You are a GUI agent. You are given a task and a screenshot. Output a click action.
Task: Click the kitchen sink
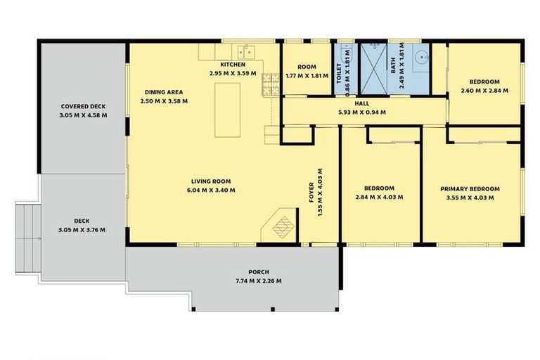coord(245,51)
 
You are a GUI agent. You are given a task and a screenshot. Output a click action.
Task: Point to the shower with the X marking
coord(373,68)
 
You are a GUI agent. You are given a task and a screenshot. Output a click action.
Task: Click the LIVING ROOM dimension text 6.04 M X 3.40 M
coord(211,190)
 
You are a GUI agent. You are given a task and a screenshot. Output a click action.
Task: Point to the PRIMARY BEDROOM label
coord(470,189)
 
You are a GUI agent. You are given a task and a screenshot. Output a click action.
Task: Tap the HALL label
coord(361,103)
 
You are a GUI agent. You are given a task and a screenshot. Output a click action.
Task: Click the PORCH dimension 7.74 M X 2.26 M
coord(259,281)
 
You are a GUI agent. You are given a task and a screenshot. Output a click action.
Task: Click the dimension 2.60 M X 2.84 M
coord(485,91)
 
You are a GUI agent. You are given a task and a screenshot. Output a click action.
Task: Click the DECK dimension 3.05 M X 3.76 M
coord(83,229)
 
